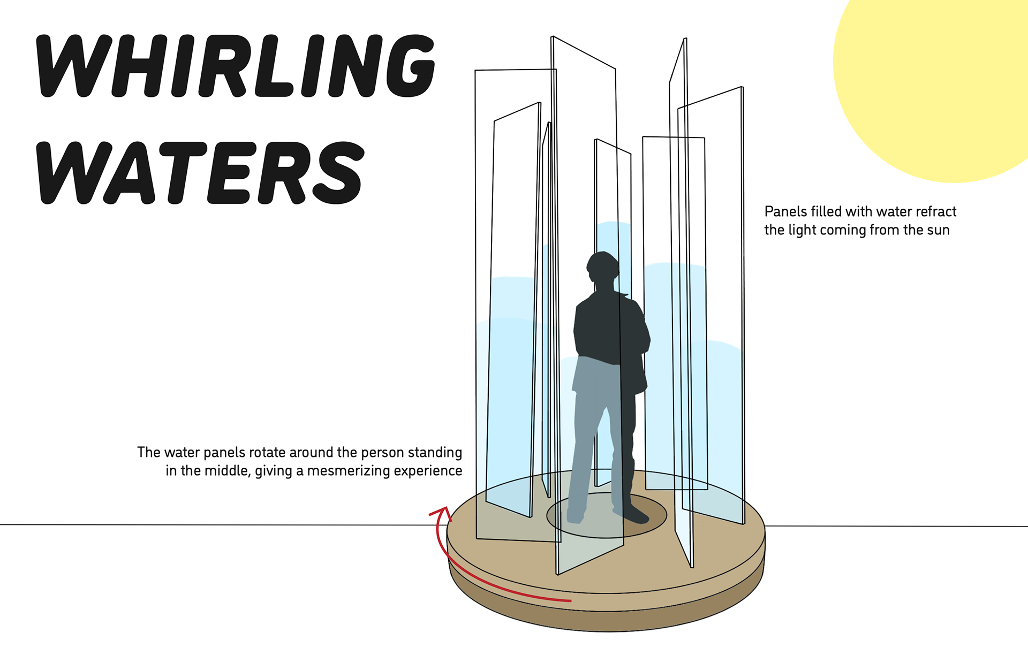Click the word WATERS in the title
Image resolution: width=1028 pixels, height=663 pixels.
[201, 172]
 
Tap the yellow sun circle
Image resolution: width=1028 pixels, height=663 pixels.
[942, 80]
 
